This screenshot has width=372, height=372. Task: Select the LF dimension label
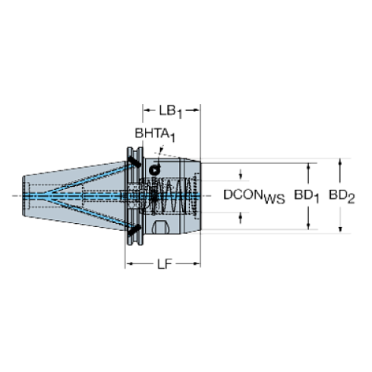pyautogui.click(x=162, y=264)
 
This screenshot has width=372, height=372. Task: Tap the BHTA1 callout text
pyautogui.click(x=155, y=136)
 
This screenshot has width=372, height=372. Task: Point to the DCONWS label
pyautogui.click(x=254, y=195)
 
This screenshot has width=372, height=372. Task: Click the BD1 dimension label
pyautogui.click(x=307, y=195)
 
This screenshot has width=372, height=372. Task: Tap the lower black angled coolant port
pyautogui.click(x=133, y=229)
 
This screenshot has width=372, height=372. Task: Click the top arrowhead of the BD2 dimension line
pyautogui.click(x=339, y=162)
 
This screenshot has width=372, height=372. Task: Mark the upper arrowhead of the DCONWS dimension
pyautogui.click(x=241, y=174)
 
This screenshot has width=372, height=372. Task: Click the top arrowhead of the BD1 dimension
pyautogui.click(x=308, y=166)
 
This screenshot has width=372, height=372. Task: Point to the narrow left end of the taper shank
pyautogui.click(x=25, y=195)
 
